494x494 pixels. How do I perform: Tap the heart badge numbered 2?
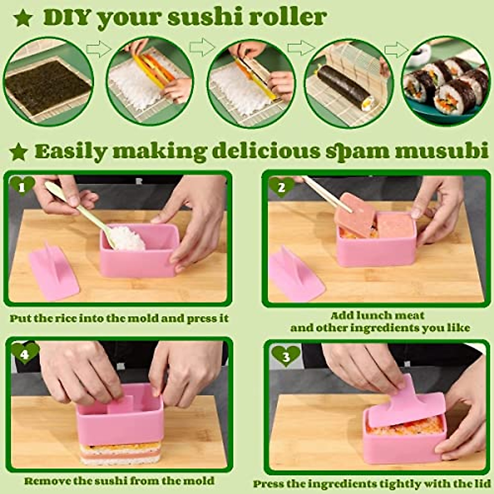click(282, 187)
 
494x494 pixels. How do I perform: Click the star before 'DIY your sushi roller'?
click(23, 18)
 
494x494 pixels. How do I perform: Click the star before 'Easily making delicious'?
click(19, 152)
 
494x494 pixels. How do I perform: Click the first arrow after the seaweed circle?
click(99, 49)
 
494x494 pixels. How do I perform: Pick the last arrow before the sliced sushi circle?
click(396, 49)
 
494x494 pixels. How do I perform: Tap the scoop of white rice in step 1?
click(127, 238)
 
